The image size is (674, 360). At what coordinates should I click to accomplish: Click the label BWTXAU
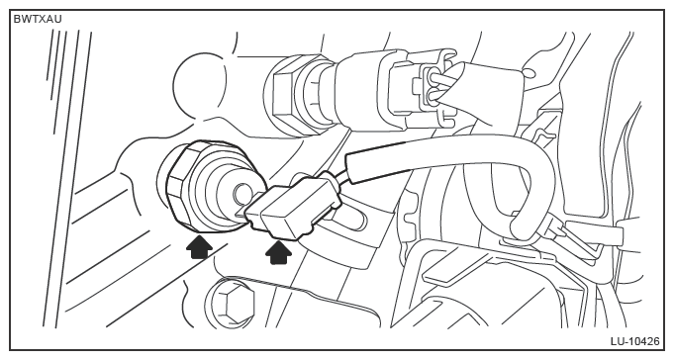(x=38, y=20)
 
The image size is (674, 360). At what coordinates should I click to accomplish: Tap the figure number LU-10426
(x=634, y=341)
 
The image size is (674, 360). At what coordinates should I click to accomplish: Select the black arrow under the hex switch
(x=200, y=246)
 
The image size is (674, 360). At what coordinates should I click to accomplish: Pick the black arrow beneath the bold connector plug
(x=278, y=253)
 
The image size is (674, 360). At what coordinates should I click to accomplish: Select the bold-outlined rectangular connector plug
(x=291, y=206)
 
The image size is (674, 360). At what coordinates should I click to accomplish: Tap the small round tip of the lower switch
(x=241, y=194)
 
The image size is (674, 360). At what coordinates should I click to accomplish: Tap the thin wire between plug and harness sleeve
(x=340, y=177)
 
